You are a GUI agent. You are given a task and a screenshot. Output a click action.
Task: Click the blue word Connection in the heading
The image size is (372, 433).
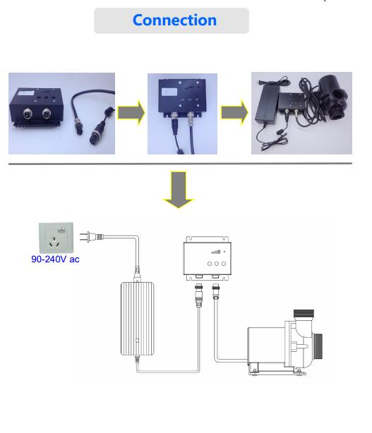pyautogui.click(x=174, y=20)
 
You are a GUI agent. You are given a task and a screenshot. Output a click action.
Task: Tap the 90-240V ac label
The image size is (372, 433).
pyautogui.click(x=55, y=260)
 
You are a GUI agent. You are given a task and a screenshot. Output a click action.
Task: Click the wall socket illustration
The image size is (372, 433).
pyautogui.click(x=56, y=238)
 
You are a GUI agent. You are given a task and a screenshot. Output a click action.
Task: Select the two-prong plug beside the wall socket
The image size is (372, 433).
pyautogui.click(x=91, y=237)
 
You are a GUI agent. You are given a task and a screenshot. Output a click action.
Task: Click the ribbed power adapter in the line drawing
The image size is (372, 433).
pyautogui.click(x=138, y=318)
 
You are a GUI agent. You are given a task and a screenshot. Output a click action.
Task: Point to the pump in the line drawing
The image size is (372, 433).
pyautogui.click(x=285, y=343)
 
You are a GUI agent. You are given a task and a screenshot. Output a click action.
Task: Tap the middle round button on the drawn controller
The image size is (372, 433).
pyautogui.click(x=217, y=264)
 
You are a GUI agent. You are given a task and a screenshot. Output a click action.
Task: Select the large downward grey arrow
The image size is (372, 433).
pyautogui.click(x=179, y=190)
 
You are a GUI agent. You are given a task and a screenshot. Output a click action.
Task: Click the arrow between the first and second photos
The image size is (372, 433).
pyautogui.click(x=131, y=113)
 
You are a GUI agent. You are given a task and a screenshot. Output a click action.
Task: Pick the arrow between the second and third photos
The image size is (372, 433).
pyautogui.click(x=234, y=112)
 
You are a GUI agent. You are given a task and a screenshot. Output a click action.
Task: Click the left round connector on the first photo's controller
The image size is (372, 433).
pyautogui.click(x=28, y=113)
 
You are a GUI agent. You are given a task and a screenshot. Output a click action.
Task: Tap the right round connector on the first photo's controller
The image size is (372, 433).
pyautogui.click(x=47, y=113)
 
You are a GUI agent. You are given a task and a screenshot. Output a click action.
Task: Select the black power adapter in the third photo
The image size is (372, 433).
pyautogui.click(x=268, y=104)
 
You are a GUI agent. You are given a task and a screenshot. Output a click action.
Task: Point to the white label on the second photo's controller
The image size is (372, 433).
pyautogui.click(x=169, y=92)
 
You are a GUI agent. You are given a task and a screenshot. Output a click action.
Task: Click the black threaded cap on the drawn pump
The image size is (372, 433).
pyautogui.click(x=304, y=313)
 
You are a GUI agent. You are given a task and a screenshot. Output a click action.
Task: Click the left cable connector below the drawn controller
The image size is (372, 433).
pyautogui.click(x=199, y=295)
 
